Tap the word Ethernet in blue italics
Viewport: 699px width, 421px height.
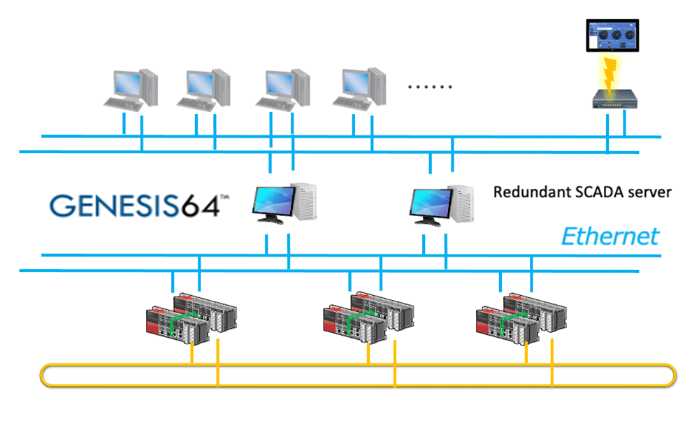coord(610,236)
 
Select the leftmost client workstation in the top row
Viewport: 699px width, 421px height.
coord(130,88)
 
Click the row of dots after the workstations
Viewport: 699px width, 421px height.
coord(430,87)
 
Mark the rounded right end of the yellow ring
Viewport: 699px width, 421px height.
coord(673,375)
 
